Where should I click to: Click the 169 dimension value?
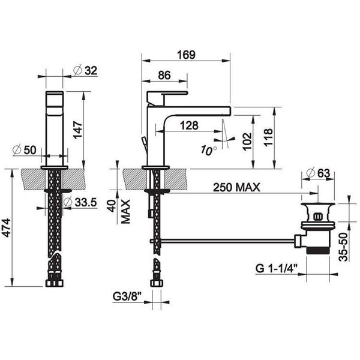pyautogui.click(x=186, y=55)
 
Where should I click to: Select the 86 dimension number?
pyautogui.click(x=164, y=76)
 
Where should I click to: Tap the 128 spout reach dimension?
pyautogui.click(x=189, y=125)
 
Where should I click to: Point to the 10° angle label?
pyautogui.click(x=208, y=150)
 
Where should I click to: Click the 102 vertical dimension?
pyautogui.click(x=247, y=142)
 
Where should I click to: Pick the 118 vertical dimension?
pyautogui.click(x=268, y=137)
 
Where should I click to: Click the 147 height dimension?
pyautogui.click(x=77, y=130)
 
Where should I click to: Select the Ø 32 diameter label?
pyautogui.click(x=85, y=70)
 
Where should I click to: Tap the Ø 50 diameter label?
pyautogui.click(x=25, y=150)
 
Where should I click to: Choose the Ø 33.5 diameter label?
pyautogui.click(x=80, y=202)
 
